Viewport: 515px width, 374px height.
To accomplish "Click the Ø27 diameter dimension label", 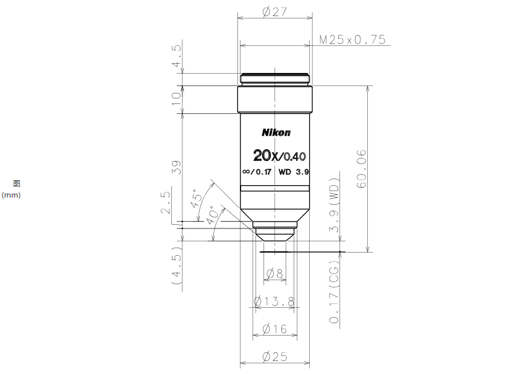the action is (x=275, y=12).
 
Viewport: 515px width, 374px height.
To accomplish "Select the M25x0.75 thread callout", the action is (x=352, y=40).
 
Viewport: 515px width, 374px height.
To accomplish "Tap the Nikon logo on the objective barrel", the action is (x=276, y=133).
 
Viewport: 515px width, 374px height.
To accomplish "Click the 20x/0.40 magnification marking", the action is (x=279, y=155).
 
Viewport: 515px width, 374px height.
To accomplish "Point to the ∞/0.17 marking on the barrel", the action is (x=257, y=172).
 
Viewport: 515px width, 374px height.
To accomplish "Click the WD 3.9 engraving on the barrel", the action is (x=294, y=172).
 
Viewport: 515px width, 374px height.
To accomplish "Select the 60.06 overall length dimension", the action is (x=361, y=168).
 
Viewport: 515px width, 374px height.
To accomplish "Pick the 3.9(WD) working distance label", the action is (x=334, y=204).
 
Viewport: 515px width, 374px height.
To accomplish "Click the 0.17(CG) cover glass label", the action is (x=334, y=292).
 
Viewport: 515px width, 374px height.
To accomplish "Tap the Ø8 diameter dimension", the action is (x=275, y=273).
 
